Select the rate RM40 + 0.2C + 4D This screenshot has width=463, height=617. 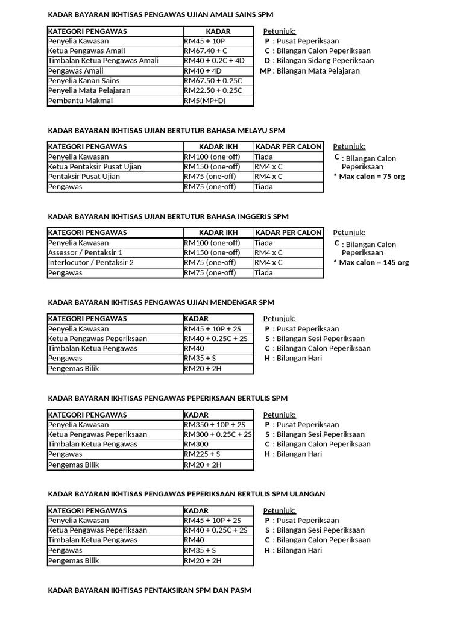click(214, 61)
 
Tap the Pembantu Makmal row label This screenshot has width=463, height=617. click(80, 101)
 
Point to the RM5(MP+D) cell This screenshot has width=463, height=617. click(205, 101)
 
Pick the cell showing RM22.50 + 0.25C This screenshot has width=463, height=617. click(213, 90)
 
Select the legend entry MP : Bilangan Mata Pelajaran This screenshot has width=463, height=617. click(309, 70)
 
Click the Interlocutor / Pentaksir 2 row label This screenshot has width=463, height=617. click(90, 263)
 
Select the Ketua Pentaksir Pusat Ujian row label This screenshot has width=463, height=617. click(94, 167)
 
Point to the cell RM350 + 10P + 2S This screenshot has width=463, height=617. click(215, 425)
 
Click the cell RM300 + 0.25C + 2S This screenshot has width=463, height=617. click(218, 434)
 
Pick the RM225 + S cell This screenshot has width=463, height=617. click(202, 454)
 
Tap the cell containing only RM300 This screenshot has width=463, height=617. click(196, 444)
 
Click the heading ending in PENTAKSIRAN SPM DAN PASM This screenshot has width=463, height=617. click(150, 590)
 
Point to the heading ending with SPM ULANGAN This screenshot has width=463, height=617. click(186, 494)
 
